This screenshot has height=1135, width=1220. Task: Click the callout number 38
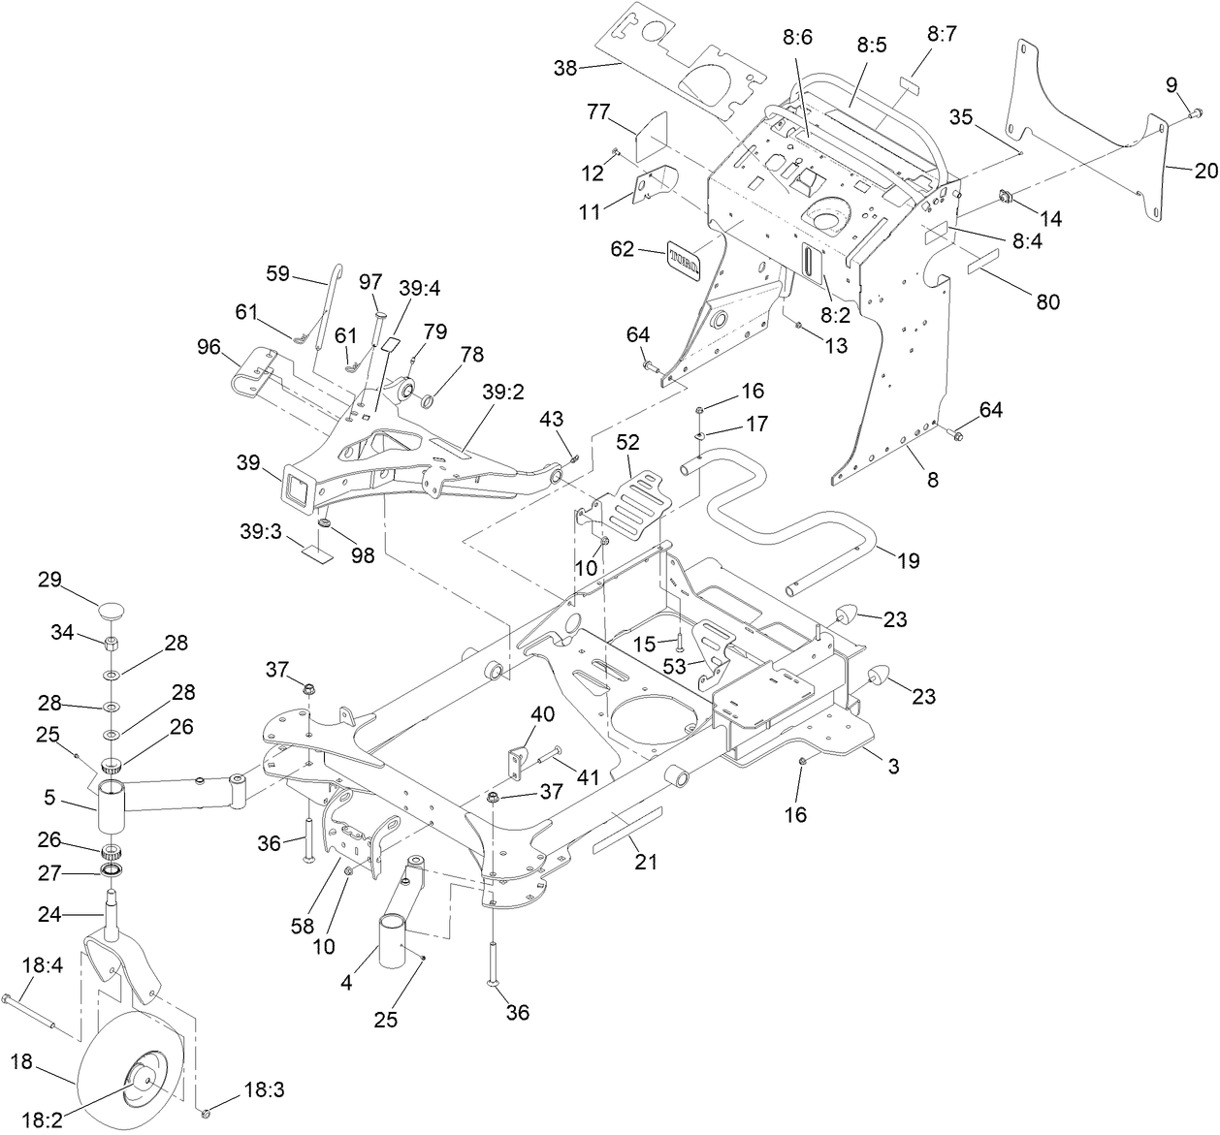tap(564, 68)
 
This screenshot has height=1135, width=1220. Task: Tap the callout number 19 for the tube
tap(909, 560)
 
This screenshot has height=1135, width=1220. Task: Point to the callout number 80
tap(1047, 301)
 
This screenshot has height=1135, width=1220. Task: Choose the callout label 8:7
tap(941, 35)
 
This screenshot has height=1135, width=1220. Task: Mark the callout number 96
tap(209, 345)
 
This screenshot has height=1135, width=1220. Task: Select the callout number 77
tap(597, 112)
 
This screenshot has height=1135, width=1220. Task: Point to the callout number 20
tap(1205, 171)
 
